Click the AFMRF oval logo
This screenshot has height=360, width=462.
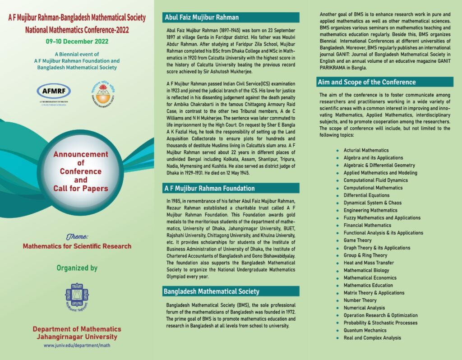pos(54,91)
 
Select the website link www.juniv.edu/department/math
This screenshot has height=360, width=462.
pos(77,346)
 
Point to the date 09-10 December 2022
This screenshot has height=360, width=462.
pos(77,42)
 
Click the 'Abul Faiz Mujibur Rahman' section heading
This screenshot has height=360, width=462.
pos(202,18)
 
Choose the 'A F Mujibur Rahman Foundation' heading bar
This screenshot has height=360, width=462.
pos(210,188)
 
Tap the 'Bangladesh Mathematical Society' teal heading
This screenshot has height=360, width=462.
pos(211,292)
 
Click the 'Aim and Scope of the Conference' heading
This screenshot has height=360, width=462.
pos(367,82)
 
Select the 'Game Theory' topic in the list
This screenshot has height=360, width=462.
pos(357,240)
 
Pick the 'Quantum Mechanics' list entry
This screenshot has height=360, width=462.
pos(365,330)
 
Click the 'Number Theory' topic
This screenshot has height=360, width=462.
pos(360,300)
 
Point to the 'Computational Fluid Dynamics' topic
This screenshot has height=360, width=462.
pos(375,180)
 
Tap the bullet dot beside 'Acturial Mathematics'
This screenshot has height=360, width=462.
pos(337,151)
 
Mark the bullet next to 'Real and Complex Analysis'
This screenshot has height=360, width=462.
pos(337,338)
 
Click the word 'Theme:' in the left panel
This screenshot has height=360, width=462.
pos(77,236)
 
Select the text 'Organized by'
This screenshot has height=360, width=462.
pos(77,268)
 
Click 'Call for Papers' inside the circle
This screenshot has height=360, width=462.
pos(81,189)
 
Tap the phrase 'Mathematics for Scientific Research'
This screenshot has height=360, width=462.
pos(77,246)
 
